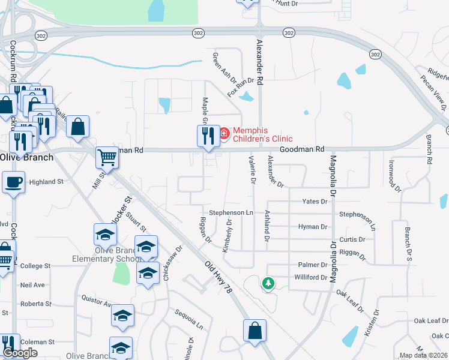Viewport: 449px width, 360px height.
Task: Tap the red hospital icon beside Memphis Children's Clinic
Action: click(x=224, y=133)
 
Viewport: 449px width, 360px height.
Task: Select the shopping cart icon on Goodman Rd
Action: click(x=107, y=158)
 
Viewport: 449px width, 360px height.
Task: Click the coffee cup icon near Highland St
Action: click(x=13, y=182)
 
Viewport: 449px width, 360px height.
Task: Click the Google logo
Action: click(x=20, y=353)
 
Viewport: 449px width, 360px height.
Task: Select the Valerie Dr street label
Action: click(x=252, y=170)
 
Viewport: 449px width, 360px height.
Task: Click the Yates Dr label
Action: click(x=315, y=202)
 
